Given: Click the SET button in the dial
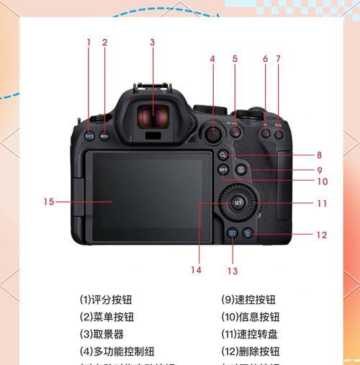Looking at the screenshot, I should click(x=238, y=203).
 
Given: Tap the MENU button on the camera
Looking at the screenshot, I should click(x=104, y=135).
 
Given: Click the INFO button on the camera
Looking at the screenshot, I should click(x=224, y=169).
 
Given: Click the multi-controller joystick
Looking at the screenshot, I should click(x=212, y=133).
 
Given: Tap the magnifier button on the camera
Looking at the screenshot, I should click(x=224, y=154).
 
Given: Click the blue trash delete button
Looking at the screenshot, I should click(x=247, y=233).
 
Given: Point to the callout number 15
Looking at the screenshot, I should click(x=48, y=202).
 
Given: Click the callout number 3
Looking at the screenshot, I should click(x=152, y=42).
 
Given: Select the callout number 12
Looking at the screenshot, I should click(x=321, y=235).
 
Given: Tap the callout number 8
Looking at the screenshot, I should click(x=318, y=155).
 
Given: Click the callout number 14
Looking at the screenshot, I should click(x=196, y=270).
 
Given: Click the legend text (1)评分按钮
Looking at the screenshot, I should click(x=106, y=300).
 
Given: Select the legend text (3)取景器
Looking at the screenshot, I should click(x=102, y=335).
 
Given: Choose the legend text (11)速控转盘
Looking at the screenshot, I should click(x=250, y=335).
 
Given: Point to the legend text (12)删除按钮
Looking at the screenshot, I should click(x=250, y=352).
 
